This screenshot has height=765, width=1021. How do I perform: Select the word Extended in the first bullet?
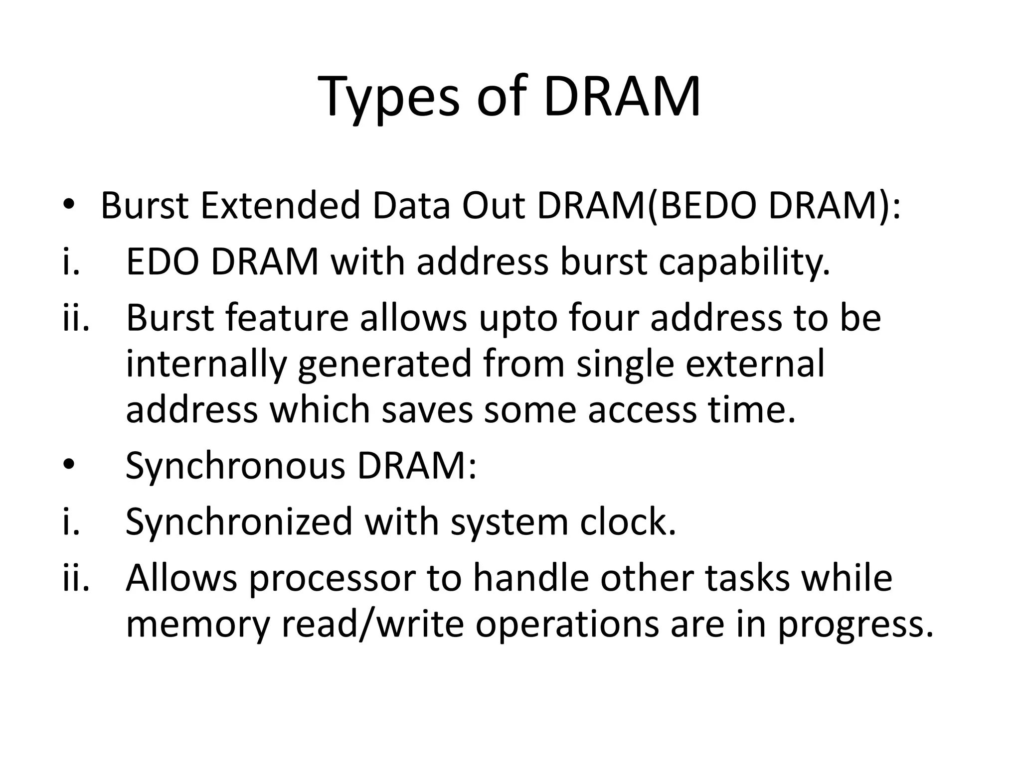pyautogui.click(x=280, y=206)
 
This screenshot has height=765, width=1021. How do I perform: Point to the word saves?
pyautogui.click(x=427, y=410)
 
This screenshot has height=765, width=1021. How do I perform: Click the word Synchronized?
pyautogui.click(x=239, y=522)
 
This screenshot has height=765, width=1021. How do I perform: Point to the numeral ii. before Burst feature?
pyautogui.click(x=76, y=318)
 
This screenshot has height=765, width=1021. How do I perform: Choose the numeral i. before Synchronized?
pyautogui.click(x=71, y=522)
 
